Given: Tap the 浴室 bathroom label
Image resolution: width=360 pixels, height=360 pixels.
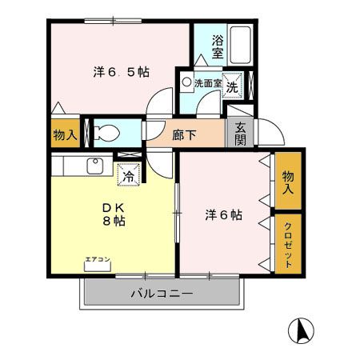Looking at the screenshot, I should (x=218, y=47).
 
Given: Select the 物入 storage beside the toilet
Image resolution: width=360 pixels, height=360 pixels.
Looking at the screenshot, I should (x=64, y=134).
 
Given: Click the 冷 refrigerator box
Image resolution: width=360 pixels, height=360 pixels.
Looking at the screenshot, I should (x=128, y=174).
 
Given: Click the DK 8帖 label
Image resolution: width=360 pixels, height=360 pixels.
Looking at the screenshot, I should (x=111, y=213).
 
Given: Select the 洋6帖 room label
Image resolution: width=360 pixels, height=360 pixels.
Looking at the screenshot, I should (x=223, y=214).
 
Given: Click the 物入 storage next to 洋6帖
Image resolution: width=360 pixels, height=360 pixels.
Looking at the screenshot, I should (x=288, y=182).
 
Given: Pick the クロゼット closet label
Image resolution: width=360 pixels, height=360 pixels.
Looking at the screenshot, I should (x=288, y=244).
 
